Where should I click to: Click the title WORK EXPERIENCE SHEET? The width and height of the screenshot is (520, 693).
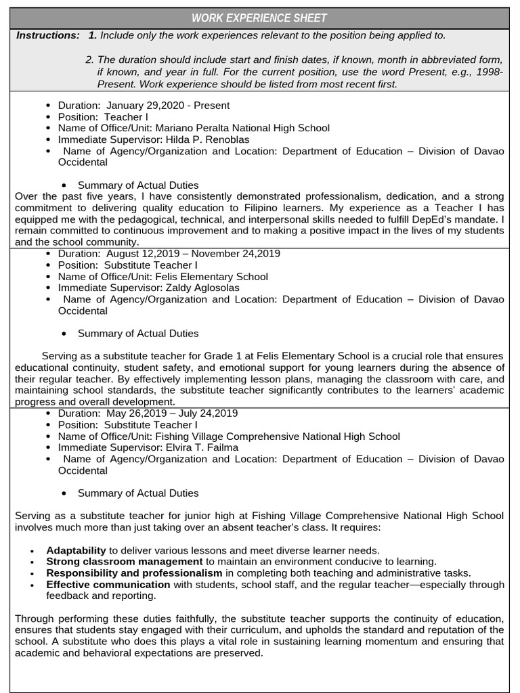tap(259, 18)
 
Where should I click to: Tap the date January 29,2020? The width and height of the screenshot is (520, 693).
tap(143, 106)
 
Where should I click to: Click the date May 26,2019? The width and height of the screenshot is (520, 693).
tap(133, 413)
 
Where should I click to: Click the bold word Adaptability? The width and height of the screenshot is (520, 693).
tap(76, 550)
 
